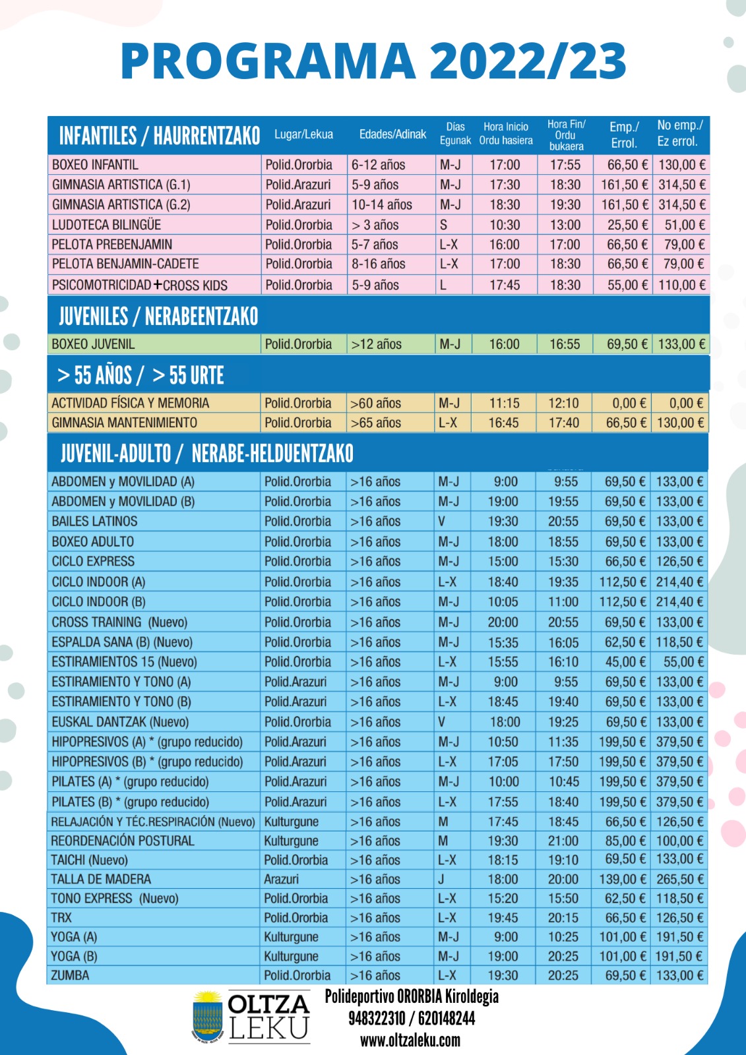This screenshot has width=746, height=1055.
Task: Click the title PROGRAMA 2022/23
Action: [373, 61]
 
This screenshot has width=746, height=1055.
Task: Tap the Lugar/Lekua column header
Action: [303, 135]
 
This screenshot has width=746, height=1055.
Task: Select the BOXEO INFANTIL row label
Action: [95, 165]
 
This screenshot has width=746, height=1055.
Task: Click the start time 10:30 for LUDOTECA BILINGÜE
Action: [505, 225]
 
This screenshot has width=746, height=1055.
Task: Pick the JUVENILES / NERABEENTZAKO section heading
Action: [158, 316]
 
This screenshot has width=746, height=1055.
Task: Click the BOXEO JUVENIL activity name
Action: [93, 344]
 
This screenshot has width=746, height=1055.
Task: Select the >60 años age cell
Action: [375, 403]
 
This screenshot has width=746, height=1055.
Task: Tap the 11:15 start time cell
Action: [505, 403]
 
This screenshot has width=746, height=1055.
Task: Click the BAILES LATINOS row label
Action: [94, 522]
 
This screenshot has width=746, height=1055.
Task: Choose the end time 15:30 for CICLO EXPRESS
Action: [563, 562]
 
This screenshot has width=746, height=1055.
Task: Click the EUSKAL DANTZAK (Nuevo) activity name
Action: [120, 722]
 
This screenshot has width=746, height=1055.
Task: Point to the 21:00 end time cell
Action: [563, 841]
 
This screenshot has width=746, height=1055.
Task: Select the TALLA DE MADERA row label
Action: [101, 879]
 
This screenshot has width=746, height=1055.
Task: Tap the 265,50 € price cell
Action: [679, 879]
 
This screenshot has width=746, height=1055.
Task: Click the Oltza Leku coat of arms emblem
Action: [207, 1017]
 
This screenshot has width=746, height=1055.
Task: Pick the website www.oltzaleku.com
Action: [410, 1040]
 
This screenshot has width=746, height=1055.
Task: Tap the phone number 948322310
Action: [377, 1019]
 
